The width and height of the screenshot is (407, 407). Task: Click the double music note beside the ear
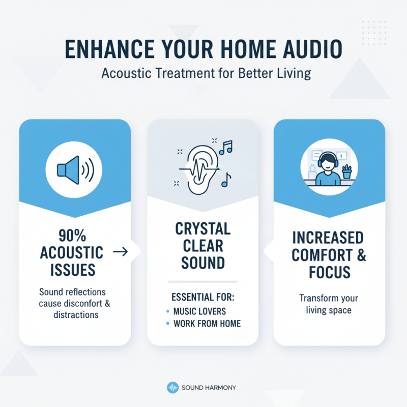point(225,147)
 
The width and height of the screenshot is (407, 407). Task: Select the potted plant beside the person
point(347,171)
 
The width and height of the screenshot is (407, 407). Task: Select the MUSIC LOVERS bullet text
point(200,311)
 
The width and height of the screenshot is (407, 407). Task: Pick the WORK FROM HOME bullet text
point(207,324)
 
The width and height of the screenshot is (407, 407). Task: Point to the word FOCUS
point(329,272)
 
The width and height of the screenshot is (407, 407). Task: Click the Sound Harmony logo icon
point(172,388)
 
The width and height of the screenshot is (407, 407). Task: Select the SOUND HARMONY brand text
point(209,388)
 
